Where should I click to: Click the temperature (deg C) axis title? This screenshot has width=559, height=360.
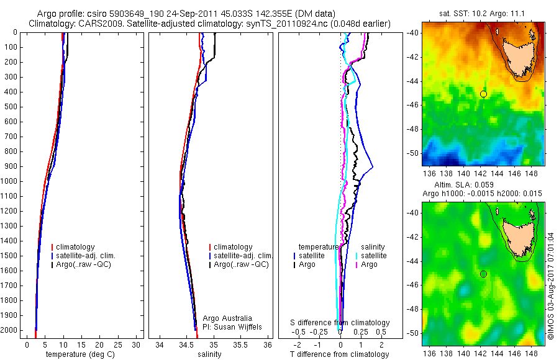[x=78, y=354]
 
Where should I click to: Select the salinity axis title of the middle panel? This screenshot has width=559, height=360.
[x=208, y=354]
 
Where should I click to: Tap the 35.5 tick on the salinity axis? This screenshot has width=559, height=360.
[x=242, y=344]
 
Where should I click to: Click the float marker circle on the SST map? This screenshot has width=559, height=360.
[x=483, y=94]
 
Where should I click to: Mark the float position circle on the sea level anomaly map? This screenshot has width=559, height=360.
[x=483, y=274]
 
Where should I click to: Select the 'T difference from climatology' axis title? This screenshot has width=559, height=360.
[x=340, y=354]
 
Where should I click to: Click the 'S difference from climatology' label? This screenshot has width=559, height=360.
[x=340, y=323]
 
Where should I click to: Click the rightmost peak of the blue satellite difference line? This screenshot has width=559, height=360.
[x=373, y=166]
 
